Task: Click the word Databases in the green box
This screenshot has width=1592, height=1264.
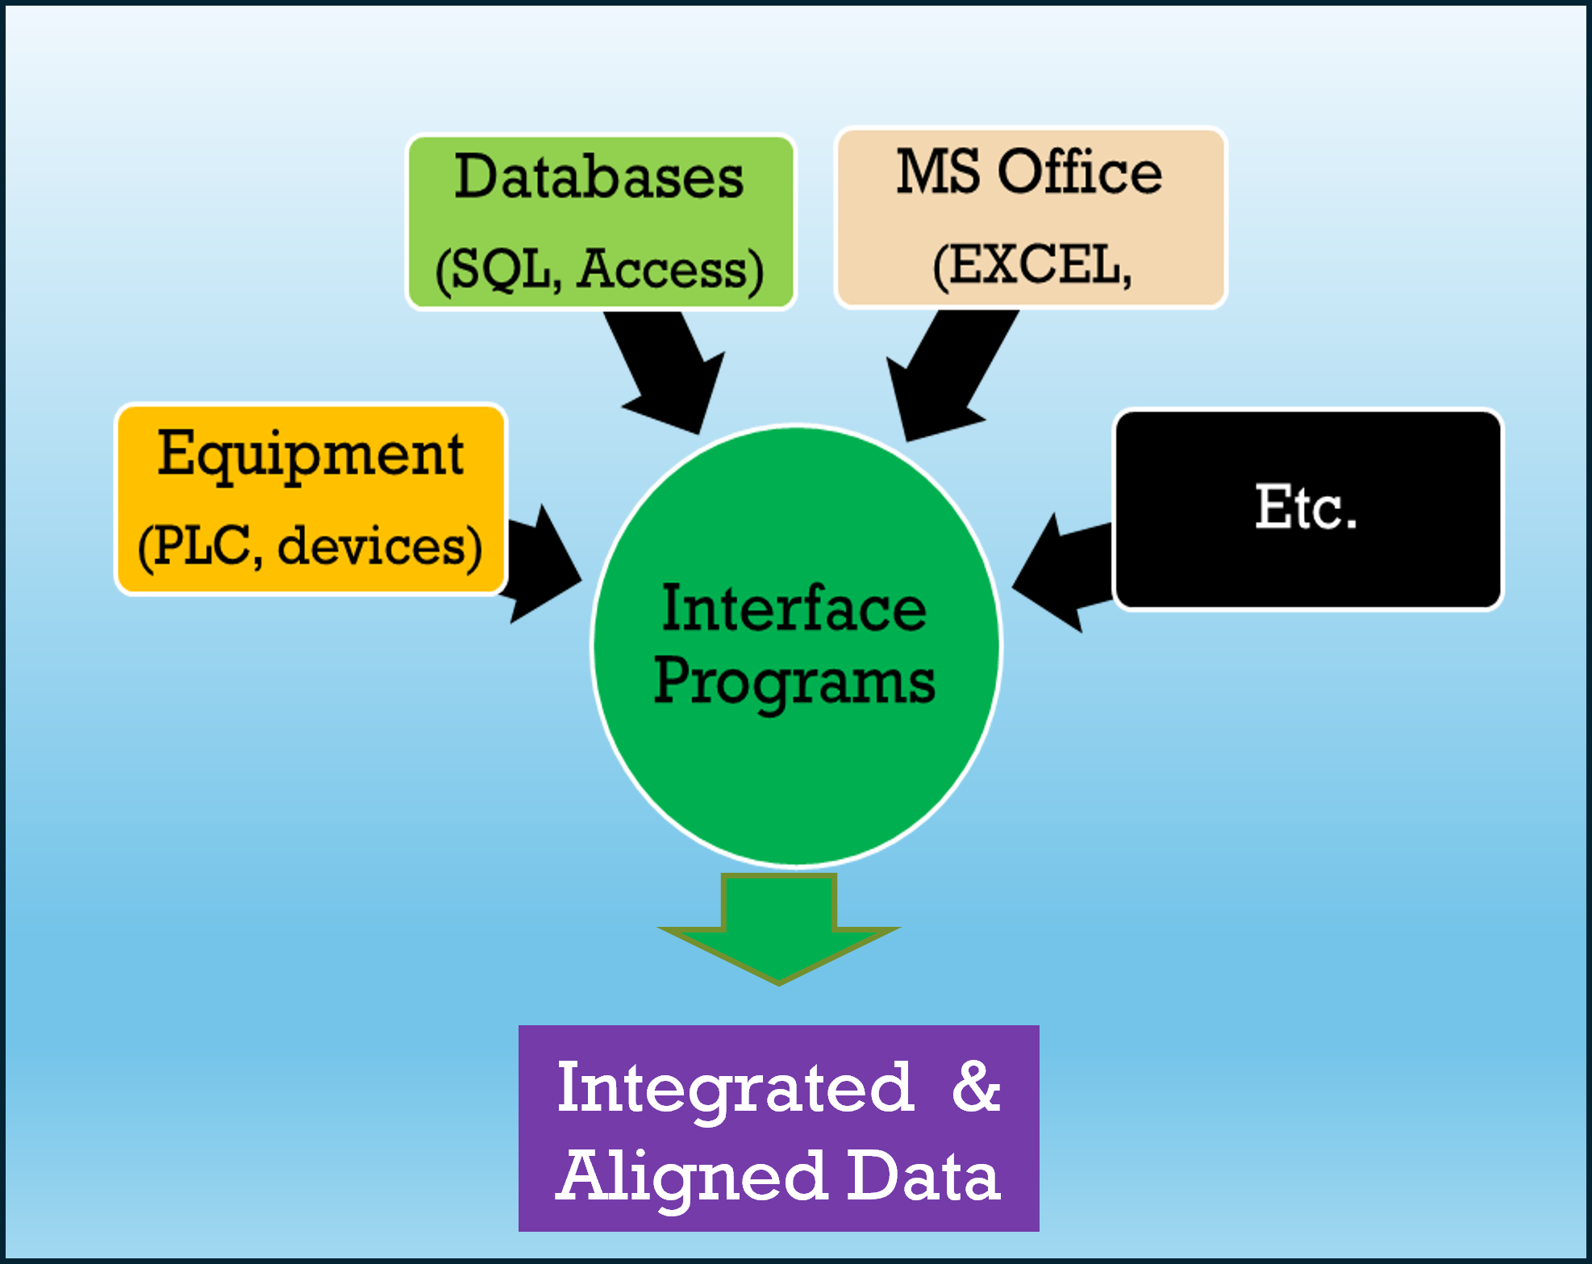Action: [x=598, y=177]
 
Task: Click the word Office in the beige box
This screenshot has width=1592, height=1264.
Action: [x=1080, y=172]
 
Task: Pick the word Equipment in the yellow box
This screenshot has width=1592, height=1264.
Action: [x=310, y=455]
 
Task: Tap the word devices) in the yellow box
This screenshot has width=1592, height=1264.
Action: [x=380, y=547]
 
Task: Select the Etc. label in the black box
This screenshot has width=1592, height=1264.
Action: [x=1306, y=508]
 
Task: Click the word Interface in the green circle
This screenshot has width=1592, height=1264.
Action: [x=794, y=609]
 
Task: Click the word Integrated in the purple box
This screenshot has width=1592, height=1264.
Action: [x=735, y=1088]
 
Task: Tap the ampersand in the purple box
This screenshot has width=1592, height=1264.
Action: [x=975, y=1087]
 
